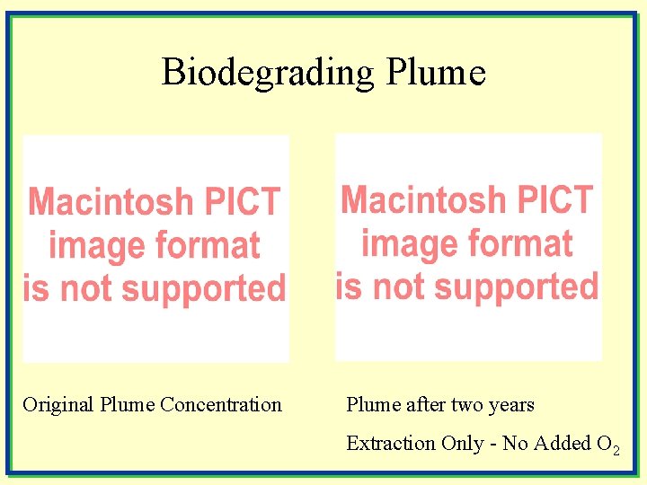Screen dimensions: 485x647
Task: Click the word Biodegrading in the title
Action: (267, 72)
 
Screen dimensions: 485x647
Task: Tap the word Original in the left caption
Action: (58, 405)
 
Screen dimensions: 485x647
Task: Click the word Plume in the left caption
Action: (127, 405)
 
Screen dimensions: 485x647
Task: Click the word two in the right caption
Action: (466, 405)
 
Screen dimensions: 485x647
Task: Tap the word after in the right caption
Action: (426, 405)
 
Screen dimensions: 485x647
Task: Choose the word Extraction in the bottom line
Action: (390, 444)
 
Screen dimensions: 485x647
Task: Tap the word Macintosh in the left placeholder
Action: (111, 201)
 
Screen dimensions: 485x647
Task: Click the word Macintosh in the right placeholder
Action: (423, 199)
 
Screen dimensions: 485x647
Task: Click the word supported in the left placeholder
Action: (203, 289)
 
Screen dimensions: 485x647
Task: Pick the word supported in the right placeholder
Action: (516, 287)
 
